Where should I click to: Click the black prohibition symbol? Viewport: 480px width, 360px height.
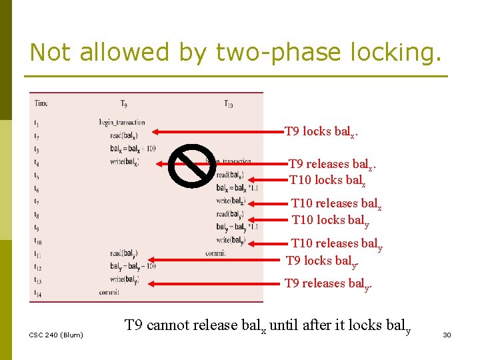(x=191, y=165)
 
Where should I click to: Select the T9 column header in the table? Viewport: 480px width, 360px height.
(x=125, y=103)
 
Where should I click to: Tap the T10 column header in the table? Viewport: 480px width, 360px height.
(x=228, y=103)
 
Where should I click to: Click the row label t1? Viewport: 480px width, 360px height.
(x=37, y=123)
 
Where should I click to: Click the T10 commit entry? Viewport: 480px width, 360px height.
(x=215, y=253)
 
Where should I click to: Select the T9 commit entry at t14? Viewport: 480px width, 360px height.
(x=109, y=292)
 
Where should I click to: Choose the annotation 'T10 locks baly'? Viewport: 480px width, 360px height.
(x=331, y=220)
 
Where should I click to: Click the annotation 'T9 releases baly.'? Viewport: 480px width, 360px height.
(x=327, y=284)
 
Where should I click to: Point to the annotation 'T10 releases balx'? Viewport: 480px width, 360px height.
(x=336, y=204)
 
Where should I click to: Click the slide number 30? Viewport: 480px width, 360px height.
(x=447, y=335)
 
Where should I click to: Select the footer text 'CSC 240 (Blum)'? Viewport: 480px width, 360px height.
(x=57, y=335)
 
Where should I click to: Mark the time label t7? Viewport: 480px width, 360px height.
(x=37, y=201)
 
